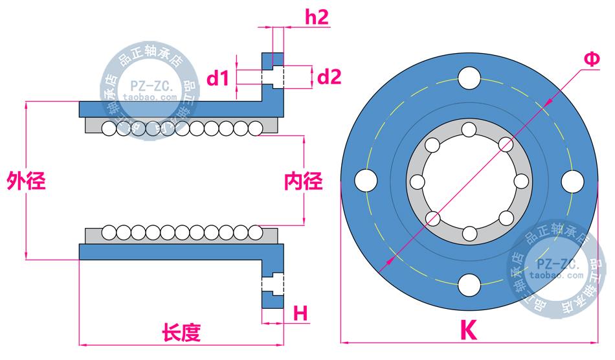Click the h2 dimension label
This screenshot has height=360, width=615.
pyautogui.click(x=317, y=17)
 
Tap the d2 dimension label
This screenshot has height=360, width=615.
pyautogui.click(x=330, y=77)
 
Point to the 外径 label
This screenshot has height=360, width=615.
pyautogui.click(x=26, y=181)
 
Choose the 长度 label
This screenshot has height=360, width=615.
pyautogui.click(x=181, y=333)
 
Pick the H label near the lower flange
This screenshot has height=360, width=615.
pyautogui.click(x=300, y=313)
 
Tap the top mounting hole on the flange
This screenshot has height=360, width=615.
pyautogui.click(x=469, y=80)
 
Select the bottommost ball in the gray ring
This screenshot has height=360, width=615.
pyautogui.click(x=469, y=232)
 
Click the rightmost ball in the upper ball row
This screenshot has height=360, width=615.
pyautogui.click(x=255, y=129)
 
